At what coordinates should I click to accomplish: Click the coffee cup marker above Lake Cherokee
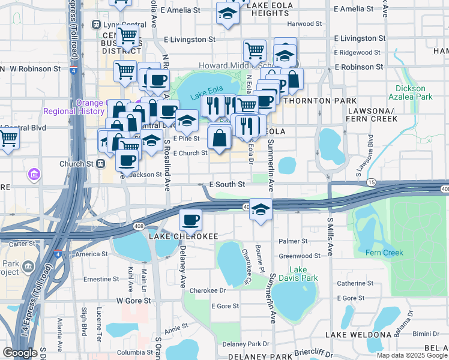pyautogui.click(x=191, y=220)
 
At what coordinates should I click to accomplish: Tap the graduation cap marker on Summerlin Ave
pyautogui.click(x=261, y=209)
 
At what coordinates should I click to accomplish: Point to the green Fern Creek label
pyautogui.click(x=385, y=253)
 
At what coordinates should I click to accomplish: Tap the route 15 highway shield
pyautogui.click(x=372, y=182)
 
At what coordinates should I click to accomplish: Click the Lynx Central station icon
pyautogui.click(x=95, y=24)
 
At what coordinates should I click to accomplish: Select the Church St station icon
pyautogui.click(x=101, y=163)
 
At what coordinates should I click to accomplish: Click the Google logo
pyautogui.click(x=20, y=353)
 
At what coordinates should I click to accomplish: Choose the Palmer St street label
pyautogui.click(x=293, y=241)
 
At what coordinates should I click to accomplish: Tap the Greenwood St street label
pyautogui.click(x=300, y=256)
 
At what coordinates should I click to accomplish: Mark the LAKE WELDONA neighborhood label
pyautogui.click(x=358, y=334)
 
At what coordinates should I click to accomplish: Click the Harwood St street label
pyautogui.click(x=304, y=24)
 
